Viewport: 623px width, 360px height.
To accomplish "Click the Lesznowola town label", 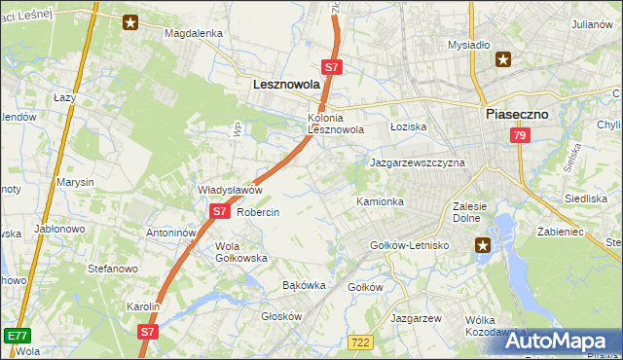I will [x=286, y=85].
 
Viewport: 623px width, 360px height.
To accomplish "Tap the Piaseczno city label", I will [x=517, y=114].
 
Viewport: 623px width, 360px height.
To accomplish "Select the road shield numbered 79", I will [x=519, y=136].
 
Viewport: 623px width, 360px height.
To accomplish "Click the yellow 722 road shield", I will [x=360, y=340].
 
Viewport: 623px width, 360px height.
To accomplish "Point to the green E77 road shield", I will [x=16, y=335].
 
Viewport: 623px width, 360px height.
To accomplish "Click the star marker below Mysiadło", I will [x=503, y=59].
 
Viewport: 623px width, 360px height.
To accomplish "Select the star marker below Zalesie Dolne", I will [x=484, y=247].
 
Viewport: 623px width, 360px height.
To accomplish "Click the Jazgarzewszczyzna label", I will [x=418, y=162].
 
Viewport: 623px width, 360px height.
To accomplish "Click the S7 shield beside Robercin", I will [x=219, y=210].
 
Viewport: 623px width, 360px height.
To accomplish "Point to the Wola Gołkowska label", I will [x=240, y=252].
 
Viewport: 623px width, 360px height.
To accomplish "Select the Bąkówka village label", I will [x=303, y=286].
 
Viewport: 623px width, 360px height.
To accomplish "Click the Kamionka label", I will [x=380, y=201].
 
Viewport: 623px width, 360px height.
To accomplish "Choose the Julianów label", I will [x=593, y=23].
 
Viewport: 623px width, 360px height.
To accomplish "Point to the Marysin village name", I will [x=75, y=182].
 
